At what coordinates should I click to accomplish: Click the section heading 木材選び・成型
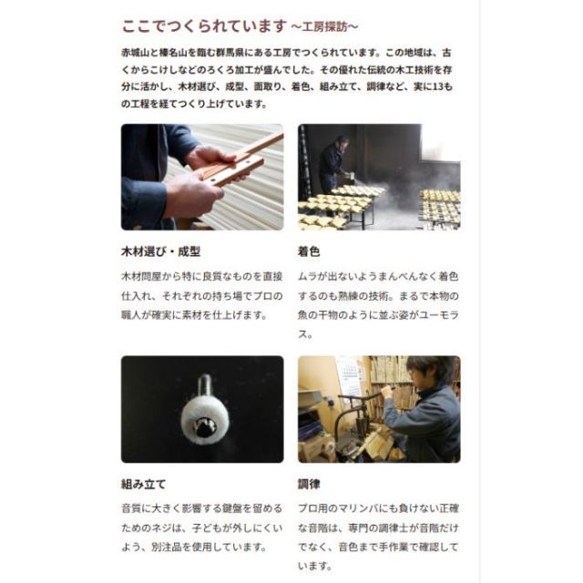[160, 251]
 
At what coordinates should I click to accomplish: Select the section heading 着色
[310, 251]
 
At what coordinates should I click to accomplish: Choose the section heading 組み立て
[144, 483]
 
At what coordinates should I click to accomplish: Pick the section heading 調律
[310, 483]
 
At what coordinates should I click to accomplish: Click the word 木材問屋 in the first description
[143, 275]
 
